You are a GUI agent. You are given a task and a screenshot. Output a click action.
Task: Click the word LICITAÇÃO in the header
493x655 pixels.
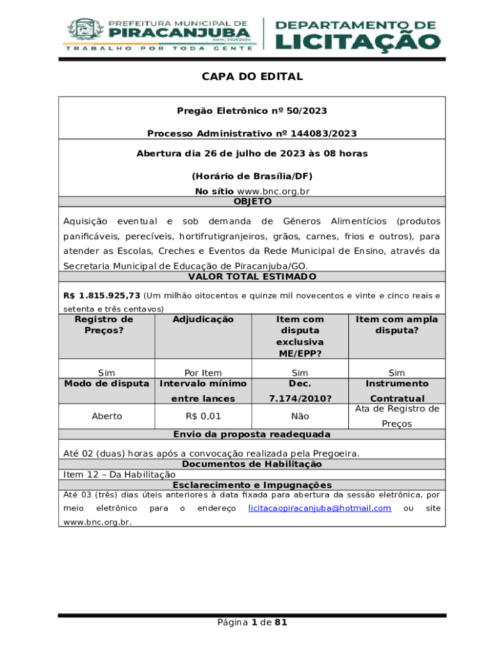point(358,42)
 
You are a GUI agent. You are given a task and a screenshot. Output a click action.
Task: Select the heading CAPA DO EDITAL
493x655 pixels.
point(252,77)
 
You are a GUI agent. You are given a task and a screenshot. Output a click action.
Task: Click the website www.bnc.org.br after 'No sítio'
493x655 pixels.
point(273,191)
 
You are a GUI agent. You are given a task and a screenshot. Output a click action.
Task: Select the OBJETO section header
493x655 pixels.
point(252,201)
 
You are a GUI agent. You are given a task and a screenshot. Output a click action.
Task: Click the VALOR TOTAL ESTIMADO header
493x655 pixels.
point(252,276)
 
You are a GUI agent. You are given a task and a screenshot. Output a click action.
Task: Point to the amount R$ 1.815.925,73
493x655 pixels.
point(101,296)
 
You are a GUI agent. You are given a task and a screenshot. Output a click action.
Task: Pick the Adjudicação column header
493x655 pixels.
point(203,319)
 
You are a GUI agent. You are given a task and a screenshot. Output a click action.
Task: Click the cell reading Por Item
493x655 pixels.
point(203,373)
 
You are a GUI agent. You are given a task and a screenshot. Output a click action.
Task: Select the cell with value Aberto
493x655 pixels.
point(107,416)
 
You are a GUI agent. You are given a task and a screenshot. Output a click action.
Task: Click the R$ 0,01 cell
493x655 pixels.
point(203,416)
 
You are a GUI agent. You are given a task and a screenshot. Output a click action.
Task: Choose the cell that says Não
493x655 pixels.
point(300,416)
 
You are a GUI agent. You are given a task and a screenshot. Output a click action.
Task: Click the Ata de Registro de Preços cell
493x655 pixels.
point(397,416)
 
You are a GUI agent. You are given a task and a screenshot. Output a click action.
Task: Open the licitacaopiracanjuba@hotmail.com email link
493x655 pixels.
point(319,508)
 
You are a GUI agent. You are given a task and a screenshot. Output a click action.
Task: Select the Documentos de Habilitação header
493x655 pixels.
point(252,464)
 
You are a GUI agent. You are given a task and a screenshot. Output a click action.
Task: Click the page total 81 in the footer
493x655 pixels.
point(280,622)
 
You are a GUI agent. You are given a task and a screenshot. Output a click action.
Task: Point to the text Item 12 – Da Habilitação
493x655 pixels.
point(119,475)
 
